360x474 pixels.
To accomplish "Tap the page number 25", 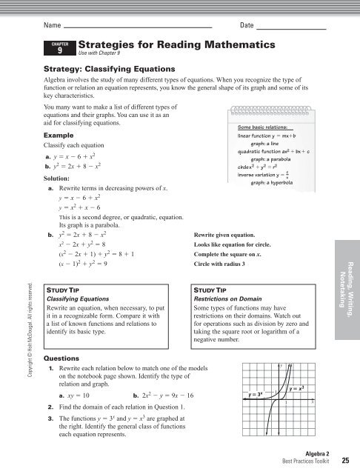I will point(345,460).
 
